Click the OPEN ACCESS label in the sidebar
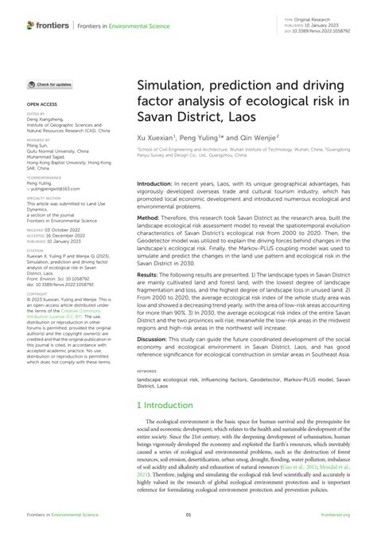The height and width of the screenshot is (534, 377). [x=42, y=104]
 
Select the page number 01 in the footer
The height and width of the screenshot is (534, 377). [x=188, y=516]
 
